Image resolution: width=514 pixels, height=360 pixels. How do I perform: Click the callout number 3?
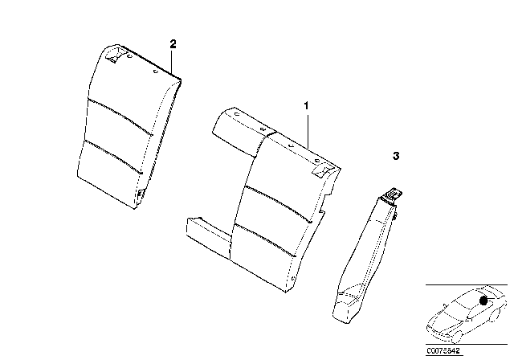click(395, 155)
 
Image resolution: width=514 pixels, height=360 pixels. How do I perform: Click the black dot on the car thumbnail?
click(483, 300)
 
